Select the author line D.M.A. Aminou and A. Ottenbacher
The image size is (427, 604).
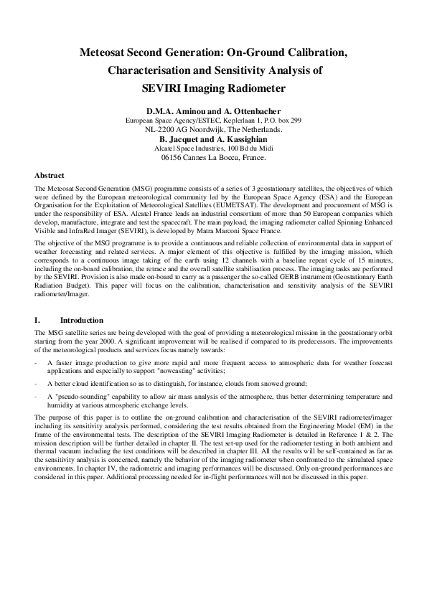tap(213, 112)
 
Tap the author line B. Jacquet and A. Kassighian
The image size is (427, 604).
tap(213, 138)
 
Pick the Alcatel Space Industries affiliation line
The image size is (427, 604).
tap(213, 148)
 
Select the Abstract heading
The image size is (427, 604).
tap(50, 175)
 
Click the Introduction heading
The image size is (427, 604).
tap(82, 320)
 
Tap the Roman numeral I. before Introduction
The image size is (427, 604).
tap(37, 320)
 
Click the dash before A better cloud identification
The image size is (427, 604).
tap(37, 384)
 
